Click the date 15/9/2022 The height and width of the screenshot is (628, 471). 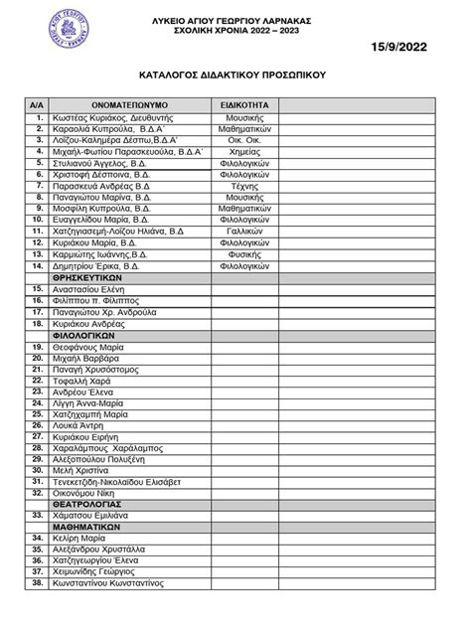pos(409,46)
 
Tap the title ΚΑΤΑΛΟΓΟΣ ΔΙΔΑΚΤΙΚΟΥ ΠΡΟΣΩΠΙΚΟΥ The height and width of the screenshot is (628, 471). pos(235,75)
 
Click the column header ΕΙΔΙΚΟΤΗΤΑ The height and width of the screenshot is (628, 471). pos(243,103)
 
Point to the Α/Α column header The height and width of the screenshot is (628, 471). pos(37,103)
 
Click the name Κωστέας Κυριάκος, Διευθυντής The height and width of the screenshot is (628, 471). pos(112,117)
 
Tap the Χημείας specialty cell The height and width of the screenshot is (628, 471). pos(243,151)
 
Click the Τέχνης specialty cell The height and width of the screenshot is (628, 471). pos(243,185)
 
